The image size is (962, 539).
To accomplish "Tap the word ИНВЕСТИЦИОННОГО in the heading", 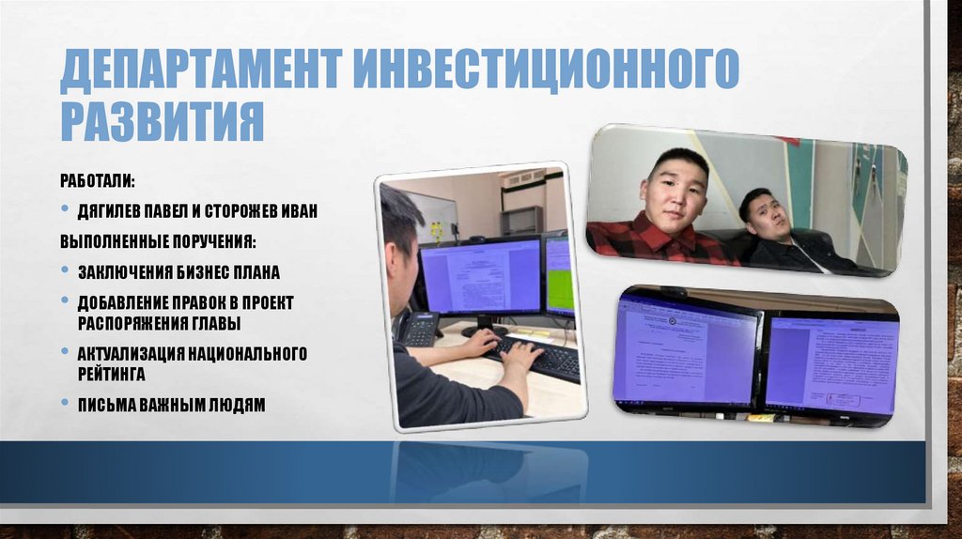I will click(x=546, y=72).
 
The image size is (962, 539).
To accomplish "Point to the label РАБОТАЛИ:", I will click(x=97, y=179).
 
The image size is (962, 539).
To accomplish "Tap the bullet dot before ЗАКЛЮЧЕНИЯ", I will click(x=65, y=272).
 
